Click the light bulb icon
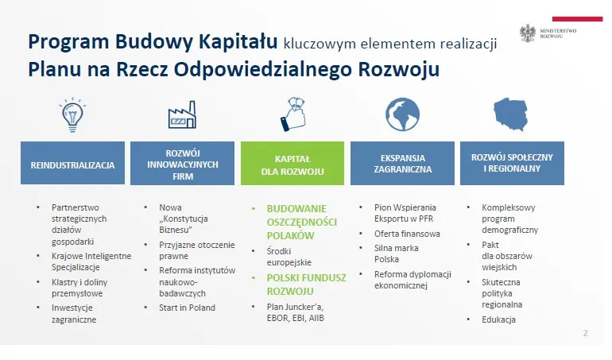[72, 114]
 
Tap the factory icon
[181, 115]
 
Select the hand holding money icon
[292, 113]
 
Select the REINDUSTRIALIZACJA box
[72, 165]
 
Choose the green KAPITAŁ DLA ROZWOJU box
[292, 165]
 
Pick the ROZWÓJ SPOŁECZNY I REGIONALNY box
[512, 162]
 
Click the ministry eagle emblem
[528, 33]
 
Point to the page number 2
[585, 333]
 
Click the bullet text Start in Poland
[187, 308]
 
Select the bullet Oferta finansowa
[407, 234]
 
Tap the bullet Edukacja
[498, 319]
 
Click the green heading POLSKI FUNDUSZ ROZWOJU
[296, 284]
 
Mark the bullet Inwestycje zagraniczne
[74, 313]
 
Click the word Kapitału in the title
[235, 41]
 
